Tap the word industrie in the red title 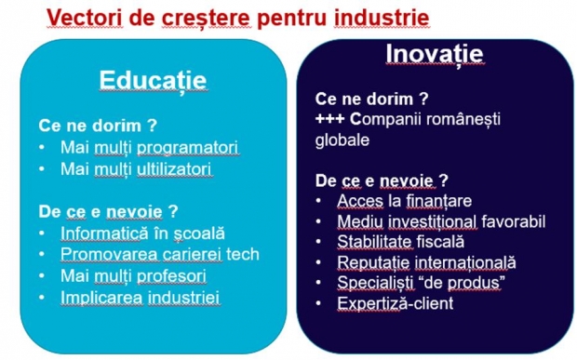[x=382, y=18]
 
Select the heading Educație [x=153, y=81]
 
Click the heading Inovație [x=435, y=55]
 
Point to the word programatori [x=188, y=148]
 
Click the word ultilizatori [x=174, y=169]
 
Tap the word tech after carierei [x=243, y=255]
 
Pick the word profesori [x=171, y=276]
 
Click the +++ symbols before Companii [x=329, y=119]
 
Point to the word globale [x=342, y=140]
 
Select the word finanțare [x=438, y=201]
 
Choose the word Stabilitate [x=374, y=242]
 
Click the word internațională [x=465, y=262]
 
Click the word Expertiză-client [x=396, y=304]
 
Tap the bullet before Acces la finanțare [x=318, y=201]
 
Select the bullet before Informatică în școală [x=42, y=233]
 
